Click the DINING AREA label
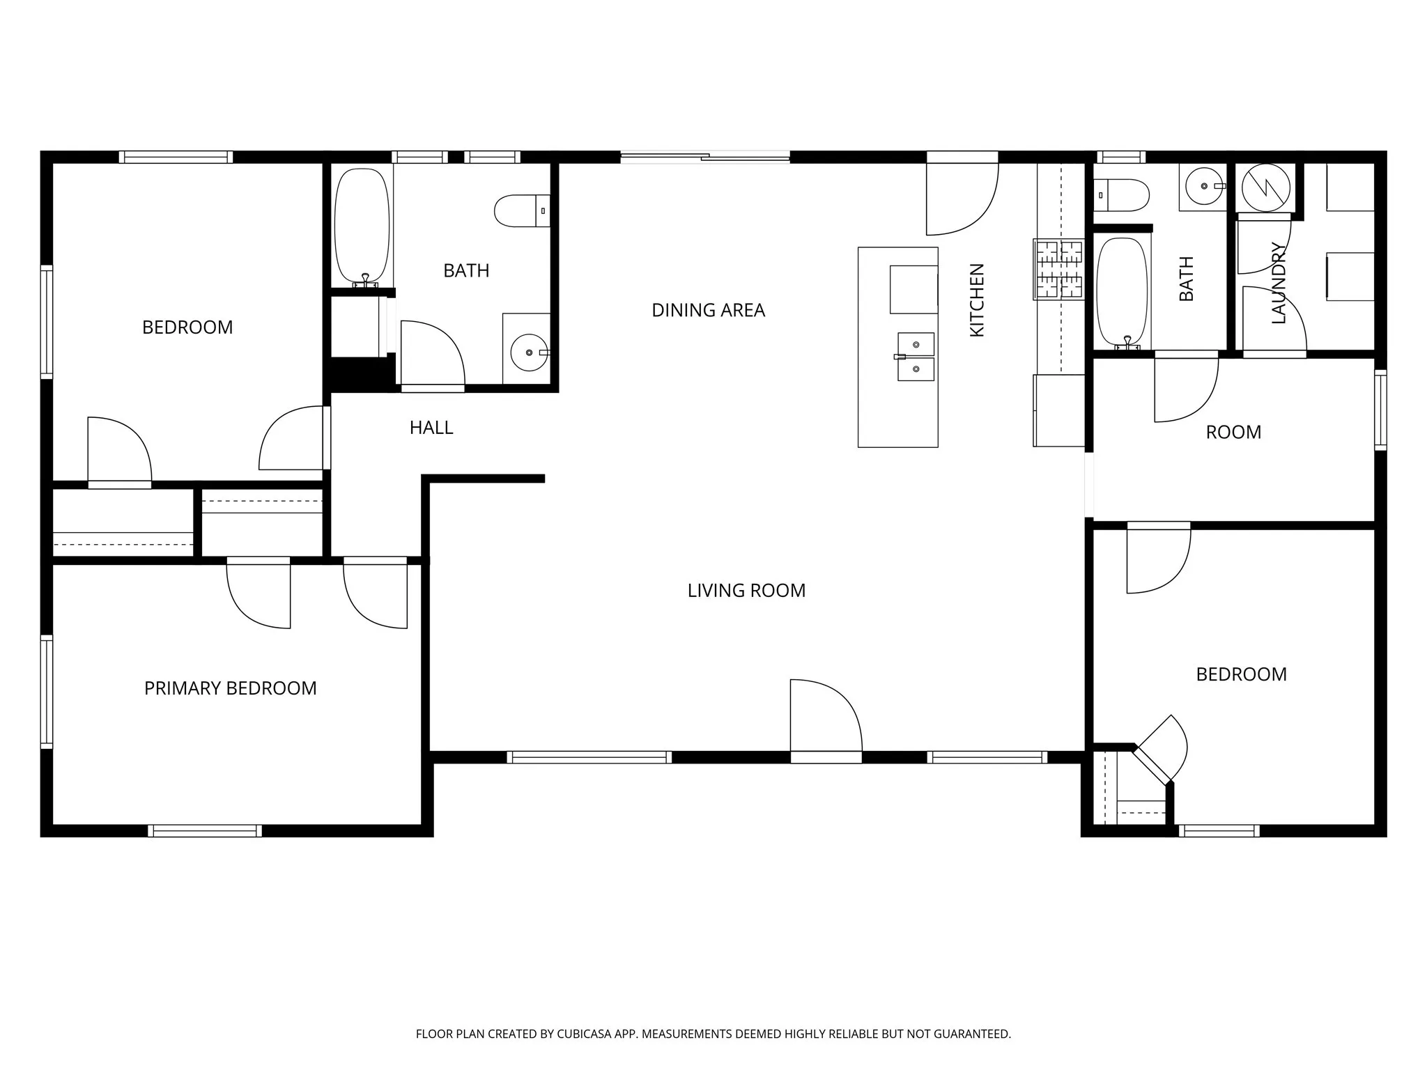pyautogui.click(x=708, y=310)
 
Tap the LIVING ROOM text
pyautogui.click(x=746, y=591)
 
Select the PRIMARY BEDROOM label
pyautogui.click(x=230, y=688)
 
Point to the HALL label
pyautogui.click(x=431, y=428)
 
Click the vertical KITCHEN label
pyautogui.click(x=977, y=300)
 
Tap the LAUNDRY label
pyautogui.click(x=1279, y=283)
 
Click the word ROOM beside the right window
pyautogui.click(x=1233, y=433)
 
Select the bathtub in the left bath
pyautogui.click(x=362, y=225)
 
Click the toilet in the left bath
pyautogui.click(x=521, y=210)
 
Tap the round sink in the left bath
pyautogui.click(x=530, y=353)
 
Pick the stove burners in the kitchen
pyautogui.click(x=1058, y=269)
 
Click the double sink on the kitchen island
pyautogui.click(x=915, y=357)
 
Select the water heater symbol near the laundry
pyautogui.click(x=1265, y=187)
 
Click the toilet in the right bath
pyautogui.click(x=1120, y=194)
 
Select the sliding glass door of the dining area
pyautogui.click(x=704, y=157)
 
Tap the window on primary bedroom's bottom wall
pyautogui.click(x=205, y=830)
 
